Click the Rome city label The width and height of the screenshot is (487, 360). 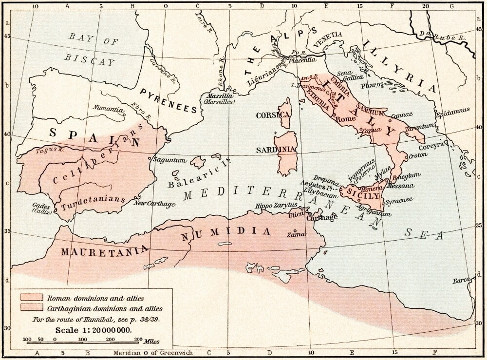click(346, 119)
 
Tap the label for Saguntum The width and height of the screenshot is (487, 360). click(169, 160)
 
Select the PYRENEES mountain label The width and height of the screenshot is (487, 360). click(169, 101)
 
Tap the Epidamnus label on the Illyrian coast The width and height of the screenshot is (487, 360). click(452, 111)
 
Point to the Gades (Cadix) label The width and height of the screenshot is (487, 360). click(40, 208)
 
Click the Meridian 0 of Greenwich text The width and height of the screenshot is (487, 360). click(153, 353)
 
